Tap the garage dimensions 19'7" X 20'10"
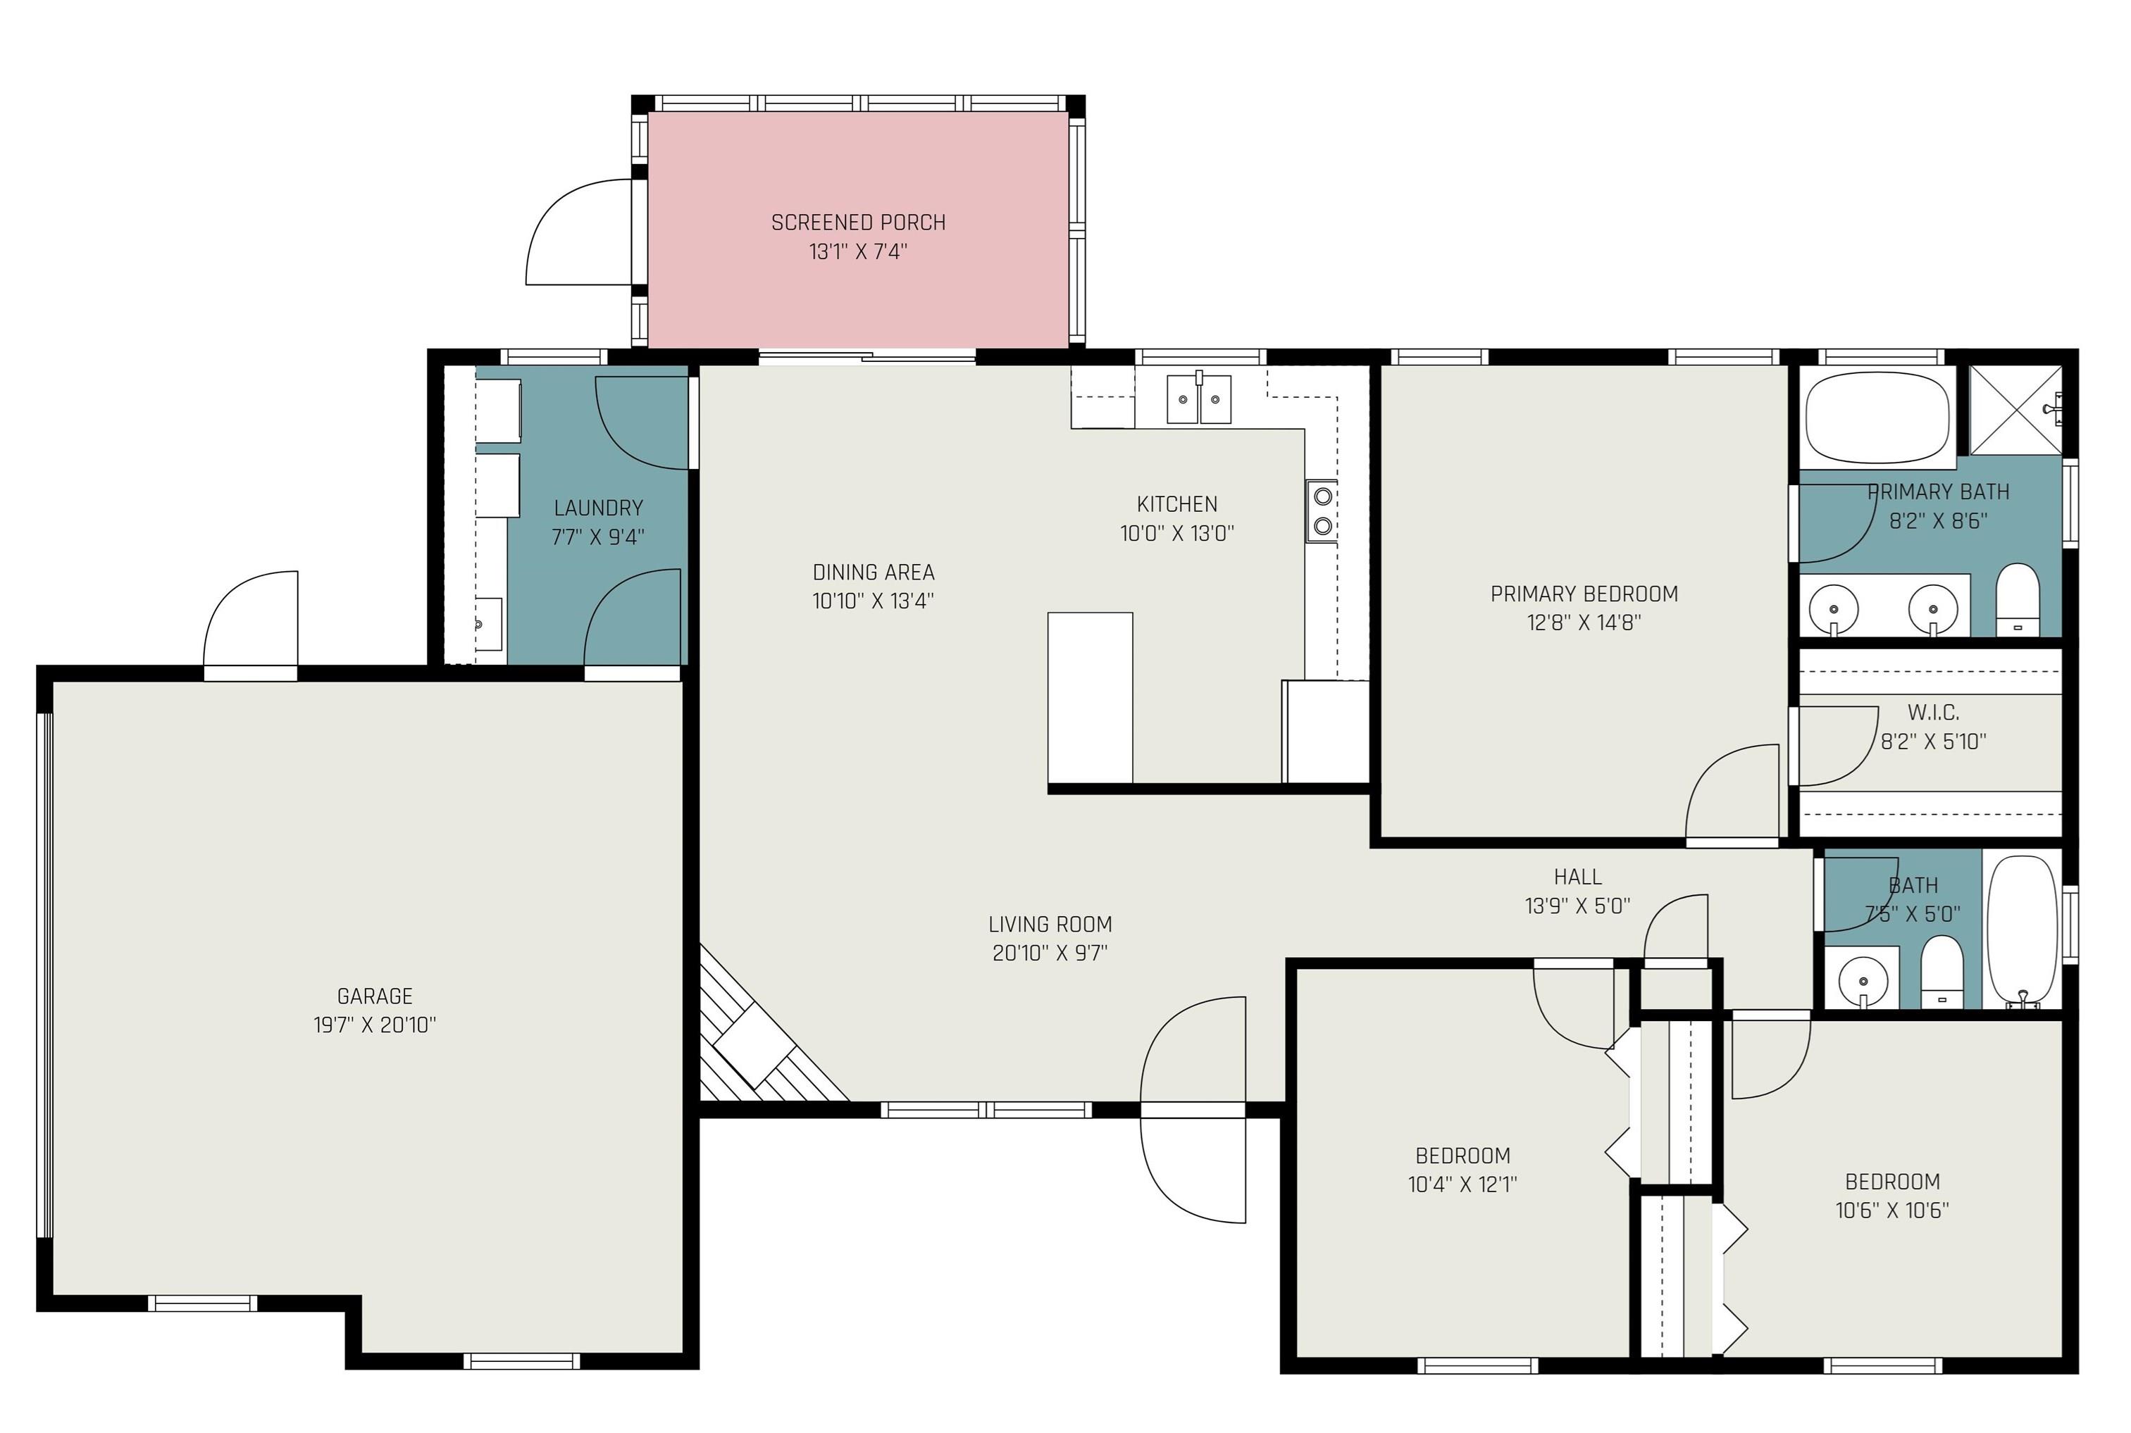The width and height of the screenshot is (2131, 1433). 375,1025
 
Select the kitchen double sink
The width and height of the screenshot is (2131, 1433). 1198,399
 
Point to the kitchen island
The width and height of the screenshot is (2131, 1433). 1090,697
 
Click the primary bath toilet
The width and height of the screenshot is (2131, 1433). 2018,599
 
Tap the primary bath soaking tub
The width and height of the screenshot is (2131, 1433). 1878,418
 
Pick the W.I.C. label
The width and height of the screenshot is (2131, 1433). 1932,712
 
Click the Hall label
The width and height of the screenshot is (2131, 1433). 1578,877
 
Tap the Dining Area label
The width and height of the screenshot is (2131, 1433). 873,572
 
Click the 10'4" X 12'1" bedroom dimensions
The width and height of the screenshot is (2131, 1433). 1462,1184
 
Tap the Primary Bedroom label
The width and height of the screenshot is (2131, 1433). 1584,594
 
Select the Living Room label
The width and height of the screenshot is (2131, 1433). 1050,924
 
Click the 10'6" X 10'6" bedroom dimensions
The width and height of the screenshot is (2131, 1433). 1892,1210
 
